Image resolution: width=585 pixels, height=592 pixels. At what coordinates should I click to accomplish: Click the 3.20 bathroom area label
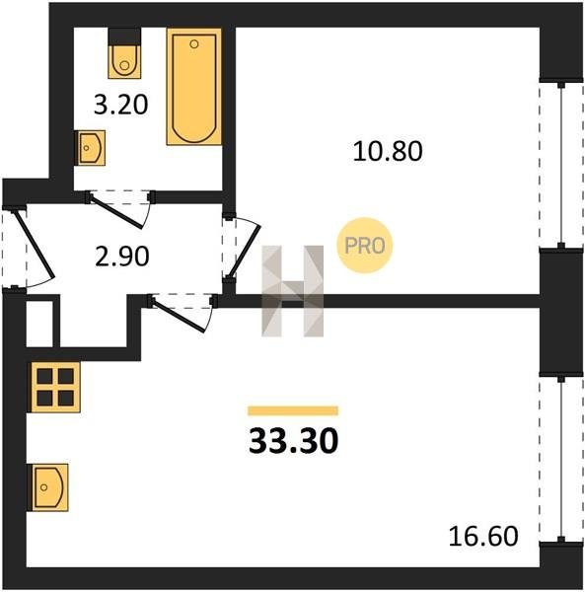[120, 105]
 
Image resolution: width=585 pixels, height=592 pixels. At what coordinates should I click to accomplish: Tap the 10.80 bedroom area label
[388, 151]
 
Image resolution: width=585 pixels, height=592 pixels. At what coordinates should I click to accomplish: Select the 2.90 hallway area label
[122, 257]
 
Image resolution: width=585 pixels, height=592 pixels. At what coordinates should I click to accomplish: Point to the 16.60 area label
[483, 536]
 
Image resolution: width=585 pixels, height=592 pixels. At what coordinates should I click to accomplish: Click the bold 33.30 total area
[294, 442]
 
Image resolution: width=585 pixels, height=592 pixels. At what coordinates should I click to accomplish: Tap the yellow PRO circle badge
[365, 246]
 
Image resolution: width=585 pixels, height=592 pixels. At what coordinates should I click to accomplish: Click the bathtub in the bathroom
[194, 87]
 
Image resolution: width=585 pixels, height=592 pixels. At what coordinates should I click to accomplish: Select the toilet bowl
[124, 61]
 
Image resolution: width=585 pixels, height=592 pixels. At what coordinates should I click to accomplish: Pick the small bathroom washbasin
[90, 148]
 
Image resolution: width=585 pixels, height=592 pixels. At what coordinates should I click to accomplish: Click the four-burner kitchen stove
[55, 387]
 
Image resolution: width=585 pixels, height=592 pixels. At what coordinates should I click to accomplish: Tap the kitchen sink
[49, 487]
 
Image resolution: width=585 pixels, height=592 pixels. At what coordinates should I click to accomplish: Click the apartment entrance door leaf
[34, 243]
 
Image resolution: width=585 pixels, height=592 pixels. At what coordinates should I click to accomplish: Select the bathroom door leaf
[116, 212]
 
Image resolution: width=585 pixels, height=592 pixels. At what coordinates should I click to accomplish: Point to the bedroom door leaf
[245, 251]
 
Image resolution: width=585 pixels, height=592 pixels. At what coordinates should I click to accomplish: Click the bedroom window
[561, 165]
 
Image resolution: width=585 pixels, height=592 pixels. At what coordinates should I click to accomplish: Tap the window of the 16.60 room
[561, 459]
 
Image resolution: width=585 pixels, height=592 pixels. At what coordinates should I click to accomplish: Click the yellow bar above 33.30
[293, 410]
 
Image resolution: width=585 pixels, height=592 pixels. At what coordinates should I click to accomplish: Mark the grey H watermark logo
[293, 291]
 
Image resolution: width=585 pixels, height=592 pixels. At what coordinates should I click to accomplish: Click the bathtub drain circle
[194, 44]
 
